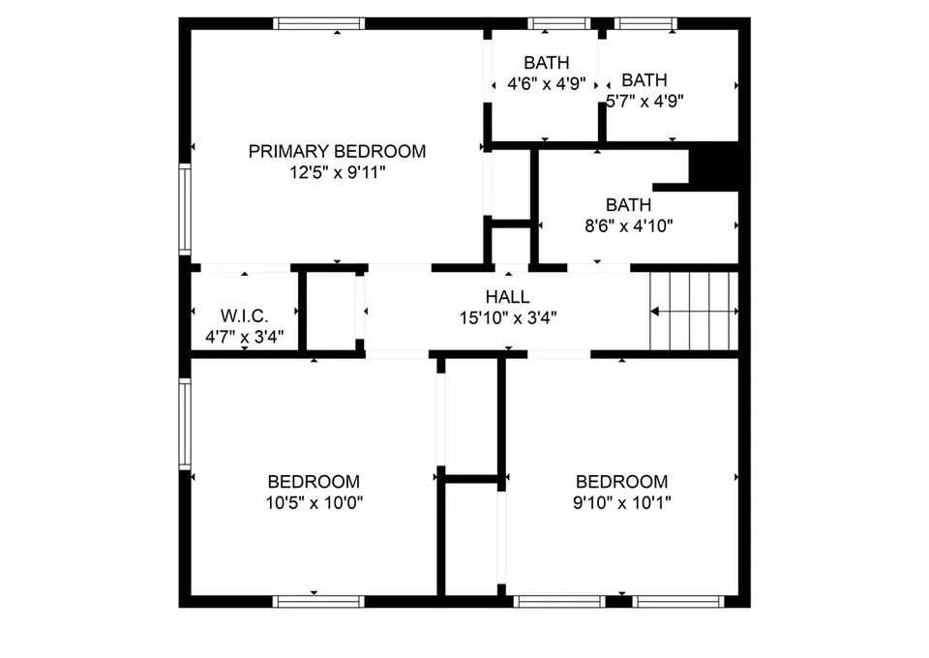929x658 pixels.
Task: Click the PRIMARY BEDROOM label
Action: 337,152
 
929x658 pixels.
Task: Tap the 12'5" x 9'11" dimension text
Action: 337,172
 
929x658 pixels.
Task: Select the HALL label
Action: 508,297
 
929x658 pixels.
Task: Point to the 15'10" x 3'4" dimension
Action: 508,318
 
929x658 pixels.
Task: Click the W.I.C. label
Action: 244,315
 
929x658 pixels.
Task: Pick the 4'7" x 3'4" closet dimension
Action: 244,337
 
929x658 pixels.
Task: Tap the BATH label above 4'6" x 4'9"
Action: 546,62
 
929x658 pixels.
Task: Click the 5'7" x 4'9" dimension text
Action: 644,101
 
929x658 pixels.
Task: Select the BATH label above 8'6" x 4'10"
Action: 628,205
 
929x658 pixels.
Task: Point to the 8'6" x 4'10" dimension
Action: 629,225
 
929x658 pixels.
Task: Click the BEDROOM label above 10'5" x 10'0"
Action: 314,482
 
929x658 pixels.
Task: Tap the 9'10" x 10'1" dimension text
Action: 621,503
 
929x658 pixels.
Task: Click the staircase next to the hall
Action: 694,311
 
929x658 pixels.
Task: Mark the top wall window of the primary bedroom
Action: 318,23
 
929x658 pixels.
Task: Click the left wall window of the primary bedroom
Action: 185,210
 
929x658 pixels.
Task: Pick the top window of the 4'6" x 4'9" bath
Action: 559,23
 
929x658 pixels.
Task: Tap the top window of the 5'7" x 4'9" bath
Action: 645,23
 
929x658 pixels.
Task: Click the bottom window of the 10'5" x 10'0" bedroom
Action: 318,602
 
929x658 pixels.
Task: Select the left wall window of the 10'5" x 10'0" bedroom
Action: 185,424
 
